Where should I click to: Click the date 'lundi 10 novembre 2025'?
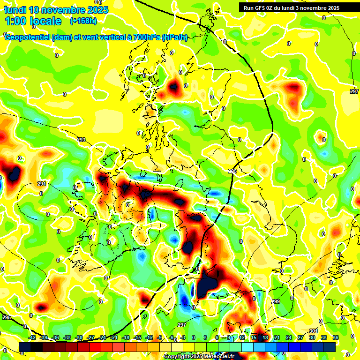click(56, 10)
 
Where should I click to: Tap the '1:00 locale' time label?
click(33, 21)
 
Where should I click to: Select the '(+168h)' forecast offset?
click(83, 21)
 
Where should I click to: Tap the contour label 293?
click(82, 140)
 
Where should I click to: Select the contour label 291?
click(42, 184)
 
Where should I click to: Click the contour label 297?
click(182, 325)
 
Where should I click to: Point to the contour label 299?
click(276, 301)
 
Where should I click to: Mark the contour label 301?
click(313, 331)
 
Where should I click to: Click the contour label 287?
click(354, 91)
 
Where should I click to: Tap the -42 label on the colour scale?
click(32, 337)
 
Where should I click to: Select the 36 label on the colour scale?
click(335, 337)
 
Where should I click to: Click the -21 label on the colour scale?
click(114, 337)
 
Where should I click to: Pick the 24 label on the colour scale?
click(288, 337)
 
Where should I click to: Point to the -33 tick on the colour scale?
click(67, 337)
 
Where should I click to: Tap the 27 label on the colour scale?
click(300, 337)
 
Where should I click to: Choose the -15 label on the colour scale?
click(137, 337)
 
